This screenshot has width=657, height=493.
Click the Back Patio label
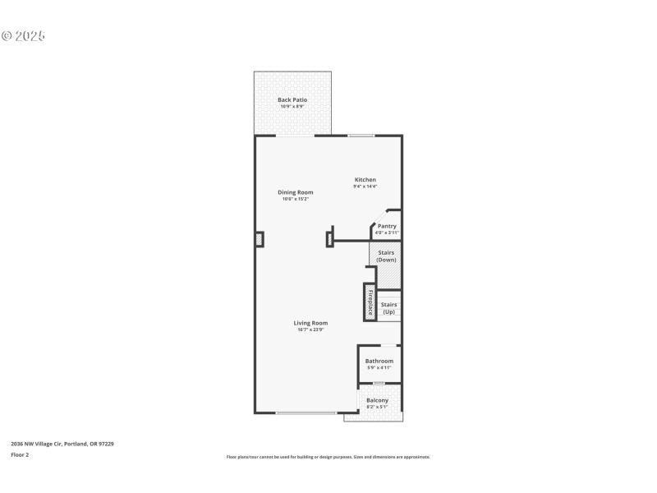[292, 99]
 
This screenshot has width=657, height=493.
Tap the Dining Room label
[295, 192]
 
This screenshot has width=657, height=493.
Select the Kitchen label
[365, 180]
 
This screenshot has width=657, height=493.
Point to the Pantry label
[387, 226]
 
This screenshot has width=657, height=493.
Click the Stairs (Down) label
[386, 256]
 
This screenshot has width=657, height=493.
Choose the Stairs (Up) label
[388, 308]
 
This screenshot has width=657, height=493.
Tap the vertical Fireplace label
[370, 302]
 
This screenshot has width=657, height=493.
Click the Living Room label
[310, 323]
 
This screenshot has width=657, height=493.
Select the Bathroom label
[379, 361]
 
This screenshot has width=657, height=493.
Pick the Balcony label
[378, 400]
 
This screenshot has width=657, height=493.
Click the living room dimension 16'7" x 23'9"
[310, 329]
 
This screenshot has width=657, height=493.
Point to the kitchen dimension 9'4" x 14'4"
[365, 187]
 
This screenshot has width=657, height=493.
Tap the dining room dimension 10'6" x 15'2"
[295, 199]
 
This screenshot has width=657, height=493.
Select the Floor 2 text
[20, 454]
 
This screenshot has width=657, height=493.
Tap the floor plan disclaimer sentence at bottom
[328, 457]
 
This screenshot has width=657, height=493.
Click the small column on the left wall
[260, 239]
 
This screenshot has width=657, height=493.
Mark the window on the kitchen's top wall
[361, 136]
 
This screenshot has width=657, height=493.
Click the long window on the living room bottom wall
[306, 412]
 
